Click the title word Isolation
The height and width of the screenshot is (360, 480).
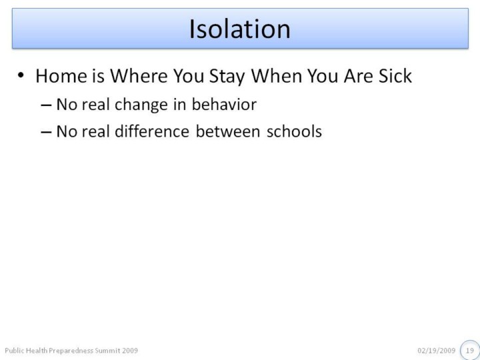click(x=240, y=29)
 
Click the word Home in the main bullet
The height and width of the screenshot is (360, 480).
click(x=61, y=75)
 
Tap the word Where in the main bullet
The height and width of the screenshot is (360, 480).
click(x=139, y=75)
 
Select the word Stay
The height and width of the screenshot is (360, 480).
click(x=227, y=77)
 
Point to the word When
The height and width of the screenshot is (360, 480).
click(x=277, y=75)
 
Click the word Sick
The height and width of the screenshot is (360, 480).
click(x=395, y=75)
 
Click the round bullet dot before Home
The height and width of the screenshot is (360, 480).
click(x=21, y=75)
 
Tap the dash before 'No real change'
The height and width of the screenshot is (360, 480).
click(x=46, y=105)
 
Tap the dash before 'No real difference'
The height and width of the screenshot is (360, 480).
click(x=46, y=132)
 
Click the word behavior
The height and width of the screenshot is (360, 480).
click(x=224, y=105)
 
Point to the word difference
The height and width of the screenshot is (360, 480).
click(x=152, y=131)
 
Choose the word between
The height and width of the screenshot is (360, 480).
click(x=228, y=131)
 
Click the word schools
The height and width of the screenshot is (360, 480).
click(x=294, y=131)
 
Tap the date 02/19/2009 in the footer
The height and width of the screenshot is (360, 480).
click(x=436, y=351)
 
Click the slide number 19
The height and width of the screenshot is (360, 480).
click(x=470, y=351)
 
